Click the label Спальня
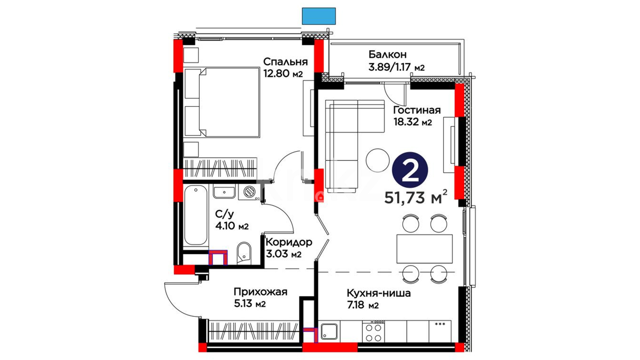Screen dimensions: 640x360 tap(285, 62)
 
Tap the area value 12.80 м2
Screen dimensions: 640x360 tap(283, 73)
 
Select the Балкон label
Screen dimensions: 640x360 tap(387, 54)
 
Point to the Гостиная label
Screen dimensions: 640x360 tap(417, 110)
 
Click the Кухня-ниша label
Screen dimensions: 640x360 tap(379, 294)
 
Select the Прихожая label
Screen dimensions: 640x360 tap(260, 292)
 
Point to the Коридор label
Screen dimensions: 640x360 tap(289, 242)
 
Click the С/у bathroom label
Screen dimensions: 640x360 tap(225, 214)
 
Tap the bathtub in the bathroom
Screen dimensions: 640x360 tap(196, 216)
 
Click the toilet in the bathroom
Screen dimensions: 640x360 tap(244, 253)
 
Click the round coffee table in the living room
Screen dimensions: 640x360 tap(377, 160)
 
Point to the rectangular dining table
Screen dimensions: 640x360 tap(424, 249)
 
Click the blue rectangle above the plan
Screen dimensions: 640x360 tap(319, 16)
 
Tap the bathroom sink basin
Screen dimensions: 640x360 tap(224, 192)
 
